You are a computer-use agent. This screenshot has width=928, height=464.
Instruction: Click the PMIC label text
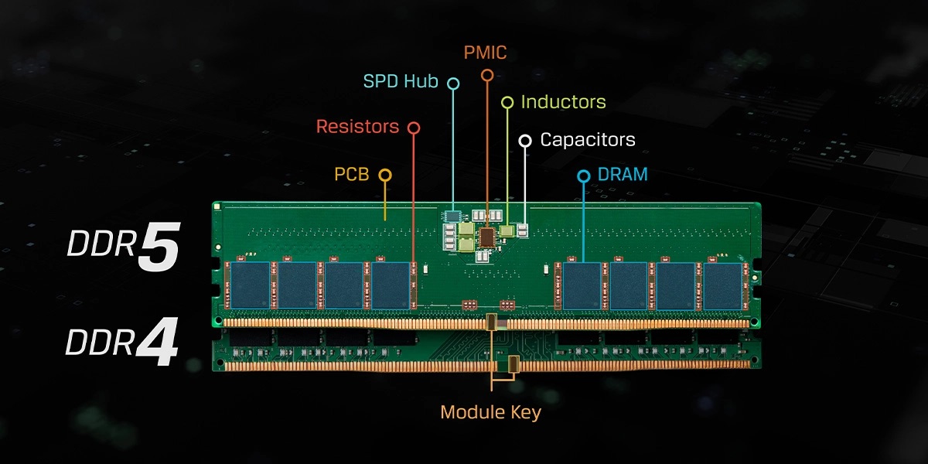[x=486, y=53]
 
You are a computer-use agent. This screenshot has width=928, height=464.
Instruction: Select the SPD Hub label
[x=401, y=81]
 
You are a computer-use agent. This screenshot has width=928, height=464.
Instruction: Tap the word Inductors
[x=563, y=102]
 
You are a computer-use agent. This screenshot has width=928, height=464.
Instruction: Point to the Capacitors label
[x=588, y=140]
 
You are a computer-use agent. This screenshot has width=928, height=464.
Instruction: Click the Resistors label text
[x=357, y=126]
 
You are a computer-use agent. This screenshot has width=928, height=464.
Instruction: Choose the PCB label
[x=352, y=175]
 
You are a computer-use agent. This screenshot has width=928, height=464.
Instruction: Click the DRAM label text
[x=623, y=175]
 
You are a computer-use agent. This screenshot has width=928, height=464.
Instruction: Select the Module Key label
[x=490, y=412]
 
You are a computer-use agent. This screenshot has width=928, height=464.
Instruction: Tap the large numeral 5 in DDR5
[x=159, y=247]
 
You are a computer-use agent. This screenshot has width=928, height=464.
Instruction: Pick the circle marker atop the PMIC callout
[x=486, y=75]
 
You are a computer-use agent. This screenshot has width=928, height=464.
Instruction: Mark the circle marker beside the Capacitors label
[x=525, y=141]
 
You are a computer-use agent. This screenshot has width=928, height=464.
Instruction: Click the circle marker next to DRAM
[x=584, y=176]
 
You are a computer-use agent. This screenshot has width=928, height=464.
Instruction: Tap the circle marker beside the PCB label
[x=384, y=176]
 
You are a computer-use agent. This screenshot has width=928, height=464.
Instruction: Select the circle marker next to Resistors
[x=414, y=127]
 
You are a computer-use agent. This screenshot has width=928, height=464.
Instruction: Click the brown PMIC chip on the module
[x=487, y=237]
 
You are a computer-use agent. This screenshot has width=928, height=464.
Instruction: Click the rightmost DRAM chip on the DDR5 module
[x=722, y=285]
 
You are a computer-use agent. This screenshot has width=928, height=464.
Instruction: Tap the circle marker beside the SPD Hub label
[x=453, y=83]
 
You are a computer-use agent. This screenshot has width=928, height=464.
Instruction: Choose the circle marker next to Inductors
[x=507, y=102]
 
